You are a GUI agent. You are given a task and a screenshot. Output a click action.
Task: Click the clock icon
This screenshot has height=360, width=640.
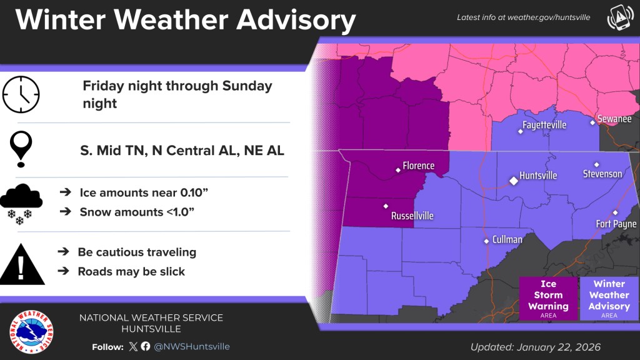[21, 95]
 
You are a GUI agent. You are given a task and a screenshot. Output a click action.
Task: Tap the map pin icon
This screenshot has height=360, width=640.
[22, 149]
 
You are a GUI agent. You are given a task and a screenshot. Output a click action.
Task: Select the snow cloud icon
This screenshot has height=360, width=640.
[21, 202]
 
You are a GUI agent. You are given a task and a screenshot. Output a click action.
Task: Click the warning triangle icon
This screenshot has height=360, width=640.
[22, 262]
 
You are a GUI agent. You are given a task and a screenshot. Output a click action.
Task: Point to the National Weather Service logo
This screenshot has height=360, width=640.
[31, 331]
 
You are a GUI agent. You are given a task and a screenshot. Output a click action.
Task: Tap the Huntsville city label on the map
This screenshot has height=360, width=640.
[538, 176]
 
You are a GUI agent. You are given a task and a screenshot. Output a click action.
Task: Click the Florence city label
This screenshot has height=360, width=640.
[418, 166]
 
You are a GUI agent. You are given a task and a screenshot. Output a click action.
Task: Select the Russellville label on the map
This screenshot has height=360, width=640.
[412, 216]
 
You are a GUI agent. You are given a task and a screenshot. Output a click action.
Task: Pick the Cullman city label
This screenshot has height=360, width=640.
[507, 239]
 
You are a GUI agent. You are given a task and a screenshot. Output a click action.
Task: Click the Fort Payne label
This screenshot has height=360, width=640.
[616, 224]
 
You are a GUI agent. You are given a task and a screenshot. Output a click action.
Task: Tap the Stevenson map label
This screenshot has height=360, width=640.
[602, 173]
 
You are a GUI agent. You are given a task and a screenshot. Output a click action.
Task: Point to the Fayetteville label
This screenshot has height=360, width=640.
[544, 125]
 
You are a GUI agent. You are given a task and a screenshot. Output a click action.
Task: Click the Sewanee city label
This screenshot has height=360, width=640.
[614, 119]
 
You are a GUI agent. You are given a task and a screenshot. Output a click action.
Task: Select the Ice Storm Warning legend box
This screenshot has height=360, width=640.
[548, 299]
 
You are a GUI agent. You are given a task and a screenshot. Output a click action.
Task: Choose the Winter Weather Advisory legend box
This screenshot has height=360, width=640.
[609, 299]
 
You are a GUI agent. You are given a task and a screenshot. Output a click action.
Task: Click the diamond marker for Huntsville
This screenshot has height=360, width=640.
[513, 180]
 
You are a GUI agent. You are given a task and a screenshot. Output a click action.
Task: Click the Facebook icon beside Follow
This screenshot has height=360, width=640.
[146, 346]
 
